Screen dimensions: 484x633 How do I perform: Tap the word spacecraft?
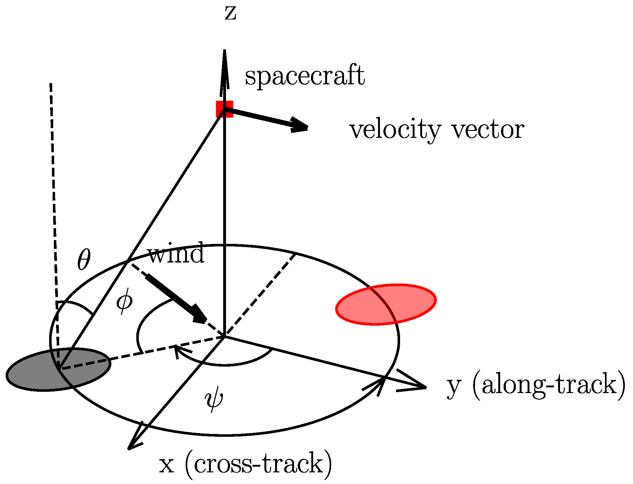pos(305,76)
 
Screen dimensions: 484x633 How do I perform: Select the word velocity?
pos(395,130)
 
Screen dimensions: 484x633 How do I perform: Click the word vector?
pos(488,130)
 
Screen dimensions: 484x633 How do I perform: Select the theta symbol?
pos(84,260)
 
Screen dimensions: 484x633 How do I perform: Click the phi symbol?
pos(124,303)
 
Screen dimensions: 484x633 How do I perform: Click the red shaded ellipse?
pos(386,304)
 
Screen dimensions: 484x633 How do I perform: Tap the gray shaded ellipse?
pos(59,369)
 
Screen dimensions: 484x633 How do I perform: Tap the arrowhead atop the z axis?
pos(224,63)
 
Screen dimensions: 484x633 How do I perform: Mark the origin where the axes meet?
pos(224,336)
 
